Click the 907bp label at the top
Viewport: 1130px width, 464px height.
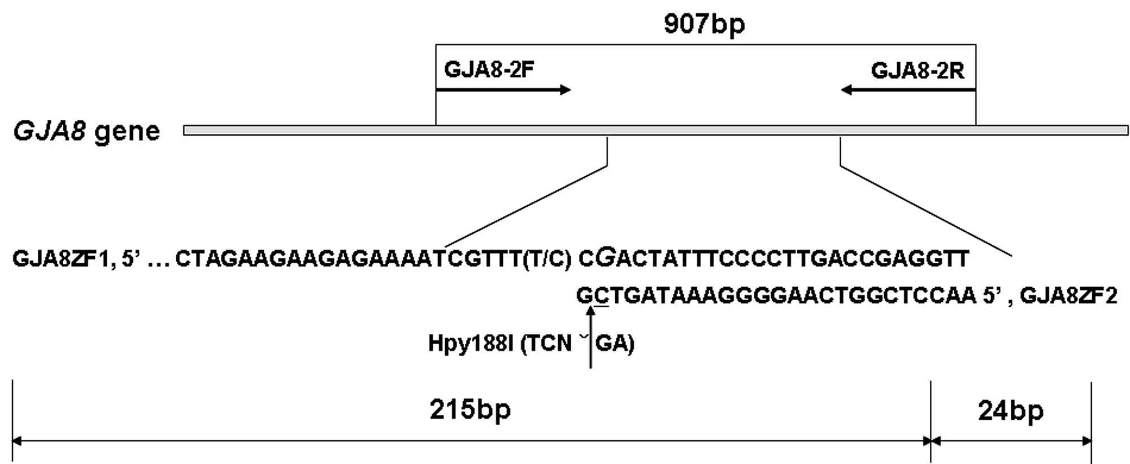pyautogui.click(x=704, y=24)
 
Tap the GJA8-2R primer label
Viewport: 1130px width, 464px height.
pyautogui.click(x=918, y=71)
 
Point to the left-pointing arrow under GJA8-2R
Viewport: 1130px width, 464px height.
pyautogui.click(x=907, y=90)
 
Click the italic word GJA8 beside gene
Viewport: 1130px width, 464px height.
pyautogui.click(x=50, y=131)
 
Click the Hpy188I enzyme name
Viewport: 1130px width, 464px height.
pyautogui.click(x=471, y=344)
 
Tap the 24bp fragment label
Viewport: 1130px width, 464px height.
pyautogui.click(x=1011, y=411)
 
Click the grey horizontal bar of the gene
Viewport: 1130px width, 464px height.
pyautogui.click(x=655, y=131)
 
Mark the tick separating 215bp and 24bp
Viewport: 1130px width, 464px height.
pyautogui.click(x=931, y=421)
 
